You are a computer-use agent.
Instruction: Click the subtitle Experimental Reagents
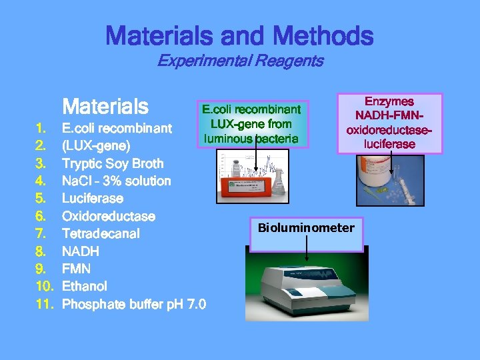240,61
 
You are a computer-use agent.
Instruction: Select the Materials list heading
105,106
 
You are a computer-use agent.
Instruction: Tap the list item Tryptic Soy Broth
112,163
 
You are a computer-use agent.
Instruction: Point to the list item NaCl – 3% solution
116,181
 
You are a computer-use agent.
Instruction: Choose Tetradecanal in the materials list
101,234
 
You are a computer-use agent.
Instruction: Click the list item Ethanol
84,286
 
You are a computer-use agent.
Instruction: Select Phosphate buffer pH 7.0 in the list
133,304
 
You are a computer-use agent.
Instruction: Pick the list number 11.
43,304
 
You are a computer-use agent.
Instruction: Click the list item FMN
76,269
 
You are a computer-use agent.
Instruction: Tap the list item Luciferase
92,199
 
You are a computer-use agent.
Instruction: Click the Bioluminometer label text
306,228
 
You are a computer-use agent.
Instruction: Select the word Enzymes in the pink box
389,102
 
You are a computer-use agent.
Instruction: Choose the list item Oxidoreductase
108,216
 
